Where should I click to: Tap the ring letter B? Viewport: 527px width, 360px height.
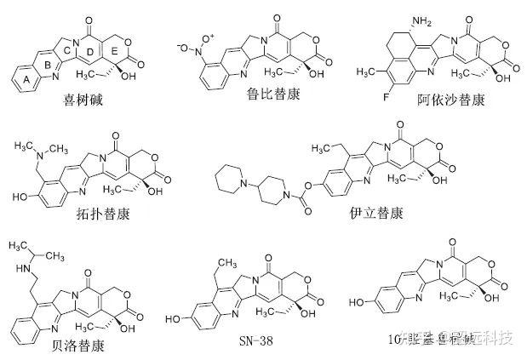pyautogui.click(x=49, y=65)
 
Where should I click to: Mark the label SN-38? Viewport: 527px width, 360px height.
pyautogui.click(x=255, y=343)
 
